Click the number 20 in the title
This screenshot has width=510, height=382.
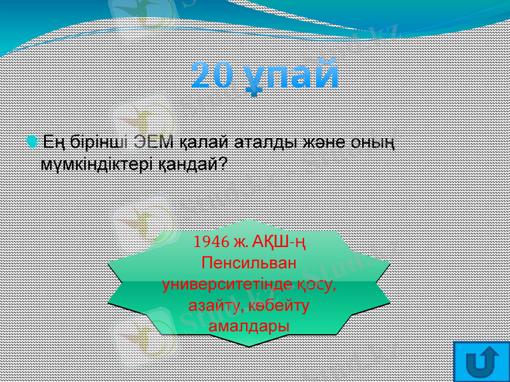(215, 75)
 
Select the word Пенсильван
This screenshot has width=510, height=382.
(249, 262)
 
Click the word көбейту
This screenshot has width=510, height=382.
(277, 305)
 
